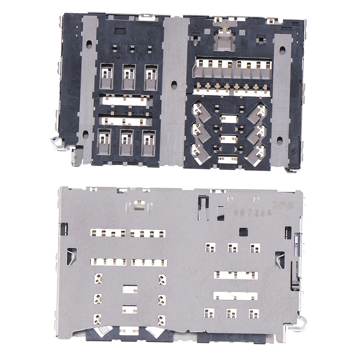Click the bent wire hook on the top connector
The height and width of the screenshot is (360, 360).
point(56,143)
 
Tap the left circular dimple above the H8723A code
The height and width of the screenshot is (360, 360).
point(230,199)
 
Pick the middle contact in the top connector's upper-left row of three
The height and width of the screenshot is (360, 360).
point(129,76)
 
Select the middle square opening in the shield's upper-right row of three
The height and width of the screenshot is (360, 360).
point(232,247)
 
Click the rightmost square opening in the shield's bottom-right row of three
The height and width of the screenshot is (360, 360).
point(254,313)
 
